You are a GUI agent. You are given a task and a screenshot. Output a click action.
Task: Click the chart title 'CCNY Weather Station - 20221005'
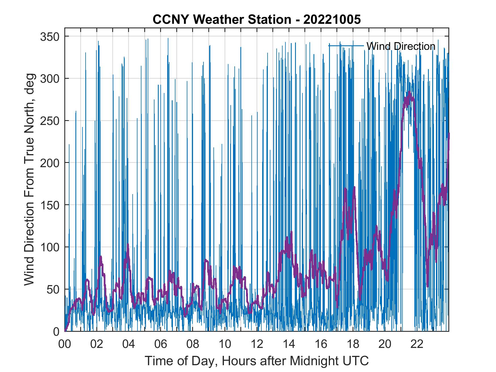[x=257, y=20]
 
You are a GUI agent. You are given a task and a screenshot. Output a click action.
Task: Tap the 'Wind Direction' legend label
[x=401, y=46]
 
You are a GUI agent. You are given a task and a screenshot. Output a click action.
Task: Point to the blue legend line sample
[x=346, y=45]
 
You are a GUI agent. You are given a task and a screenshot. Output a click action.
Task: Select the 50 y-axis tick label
[x=53, y=289]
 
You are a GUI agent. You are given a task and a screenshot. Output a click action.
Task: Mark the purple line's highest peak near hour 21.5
[x=409, y=92]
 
